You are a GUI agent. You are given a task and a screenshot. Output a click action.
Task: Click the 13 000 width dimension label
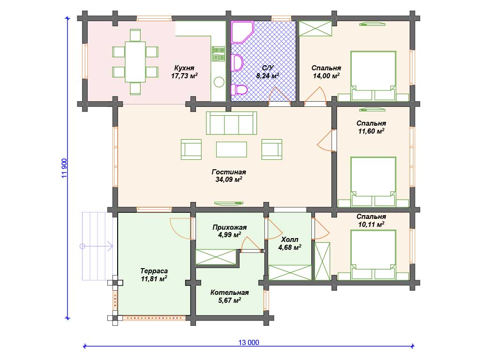(x=248, y=343)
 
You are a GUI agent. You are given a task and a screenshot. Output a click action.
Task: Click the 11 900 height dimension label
(x=64, y=168)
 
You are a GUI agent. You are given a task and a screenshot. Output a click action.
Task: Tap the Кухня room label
(x=184, y=68)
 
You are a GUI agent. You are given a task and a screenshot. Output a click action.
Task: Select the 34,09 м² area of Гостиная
(x=229, y=180)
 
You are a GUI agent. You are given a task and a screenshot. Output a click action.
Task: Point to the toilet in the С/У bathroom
(x=239, y=90)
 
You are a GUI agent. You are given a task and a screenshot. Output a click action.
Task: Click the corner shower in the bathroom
(x=242, y=32)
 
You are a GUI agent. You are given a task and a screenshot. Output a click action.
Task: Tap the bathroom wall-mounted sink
(x=237, y=62)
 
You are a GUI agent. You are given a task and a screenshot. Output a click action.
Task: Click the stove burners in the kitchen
(x=218, y=54)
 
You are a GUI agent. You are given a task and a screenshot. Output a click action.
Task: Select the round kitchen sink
(x=219, y=82)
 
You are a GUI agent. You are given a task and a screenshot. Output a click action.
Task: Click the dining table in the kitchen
(x=135, y=62)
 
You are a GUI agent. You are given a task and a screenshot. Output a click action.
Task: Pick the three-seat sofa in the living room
(x=232, y=123)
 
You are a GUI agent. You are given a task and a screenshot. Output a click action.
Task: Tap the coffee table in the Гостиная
(x=232, y=150)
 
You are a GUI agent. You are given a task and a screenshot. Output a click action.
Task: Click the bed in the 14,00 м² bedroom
(x=373, y=75)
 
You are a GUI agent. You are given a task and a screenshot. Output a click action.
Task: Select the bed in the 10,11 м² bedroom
(x=373, y=255)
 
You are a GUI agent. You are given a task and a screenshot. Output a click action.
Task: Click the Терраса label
(x=154, y=271)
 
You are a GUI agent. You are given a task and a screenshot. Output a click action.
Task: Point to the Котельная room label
(x=230, y=292)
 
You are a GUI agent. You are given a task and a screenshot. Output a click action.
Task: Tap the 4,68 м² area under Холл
(x=290, y=247)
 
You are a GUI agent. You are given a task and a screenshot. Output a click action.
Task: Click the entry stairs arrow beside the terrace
(x=96, y=246)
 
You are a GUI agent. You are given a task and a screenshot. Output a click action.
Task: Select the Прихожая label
(x=230, y=227)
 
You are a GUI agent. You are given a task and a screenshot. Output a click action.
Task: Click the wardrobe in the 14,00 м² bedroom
(x=315, y=29)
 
